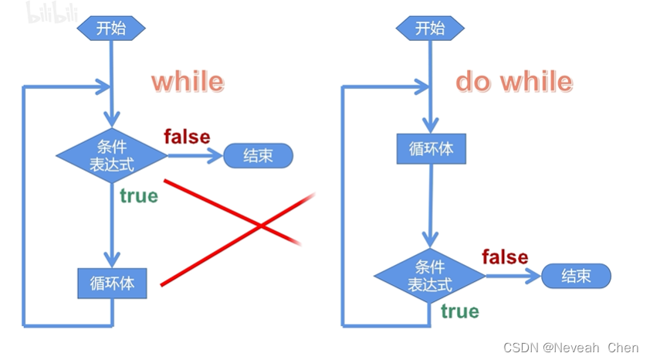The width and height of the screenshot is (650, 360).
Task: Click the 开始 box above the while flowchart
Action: (111, 29)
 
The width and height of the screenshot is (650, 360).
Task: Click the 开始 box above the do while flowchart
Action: (431, 29)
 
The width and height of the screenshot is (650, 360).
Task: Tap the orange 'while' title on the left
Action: (187, 82)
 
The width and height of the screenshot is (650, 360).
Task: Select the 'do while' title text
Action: (513, 82)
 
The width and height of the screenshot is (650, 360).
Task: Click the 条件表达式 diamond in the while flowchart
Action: (112, 155)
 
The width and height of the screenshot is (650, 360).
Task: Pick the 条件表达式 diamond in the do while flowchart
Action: (430, 276)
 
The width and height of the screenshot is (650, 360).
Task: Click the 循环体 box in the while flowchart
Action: (112, 284)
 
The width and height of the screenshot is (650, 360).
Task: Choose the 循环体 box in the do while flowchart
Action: (431, 148)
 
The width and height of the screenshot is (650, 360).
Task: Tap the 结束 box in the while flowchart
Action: (259, 156)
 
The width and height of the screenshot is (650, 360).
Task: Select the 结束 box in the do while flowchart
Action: (576, 276)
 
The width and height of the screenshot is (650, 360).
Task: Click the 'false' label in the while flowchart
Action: (187, 137)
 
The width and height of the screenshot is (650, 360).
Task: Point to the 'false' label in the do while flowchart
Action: (505, 256)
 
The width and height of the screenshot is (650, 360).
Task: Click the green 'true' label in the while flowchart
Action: (138, 196)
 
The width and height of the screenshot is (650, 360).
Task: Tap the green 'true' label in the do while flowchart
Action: (459, 311)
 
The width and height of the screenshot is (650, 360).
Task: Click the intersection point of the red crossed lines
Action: (262, 226)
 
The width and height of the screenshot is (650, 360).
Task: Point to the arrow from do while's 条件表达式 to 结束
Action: (513, 276)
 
